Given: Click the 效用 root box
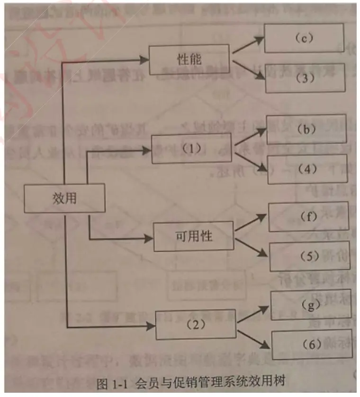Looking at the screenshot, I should pos(64,198).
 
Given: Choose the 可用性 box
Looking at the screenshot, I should pos(194,235).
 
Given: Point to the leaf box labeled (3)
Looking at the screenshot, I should pos(304,77).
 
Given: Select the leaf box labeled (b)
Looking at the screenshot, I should pos(306,129).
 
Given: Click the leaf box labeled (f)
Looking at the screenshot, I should pos(308,217).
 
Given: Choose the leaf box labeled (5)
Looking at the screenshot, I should pos(309,257).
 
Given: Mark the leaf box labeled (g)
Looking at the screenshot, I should pos(310,306).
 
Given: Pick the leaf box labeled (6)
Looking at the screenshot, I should pos(311,345).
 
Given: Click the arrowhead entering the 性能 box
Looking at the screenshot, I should pos(144,60).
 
